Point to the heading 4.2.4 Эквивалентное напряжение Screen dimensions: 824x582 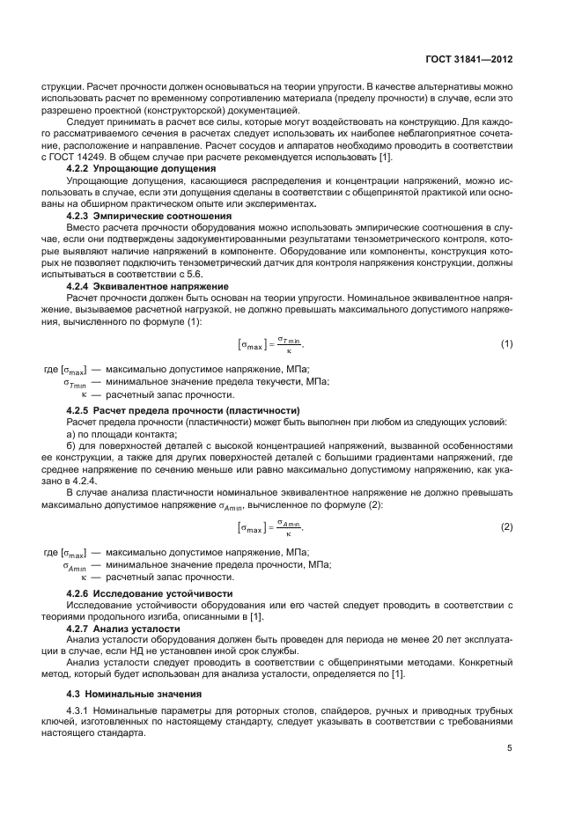pyautogui.click(x=148, y=286)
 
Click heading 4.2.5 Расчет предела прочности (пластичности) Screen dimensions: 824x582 pyautogui.click(x=184, y=411)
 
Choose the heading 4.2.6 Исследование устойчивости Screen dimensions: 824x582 pyautogui.click(x=150, y=593)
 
